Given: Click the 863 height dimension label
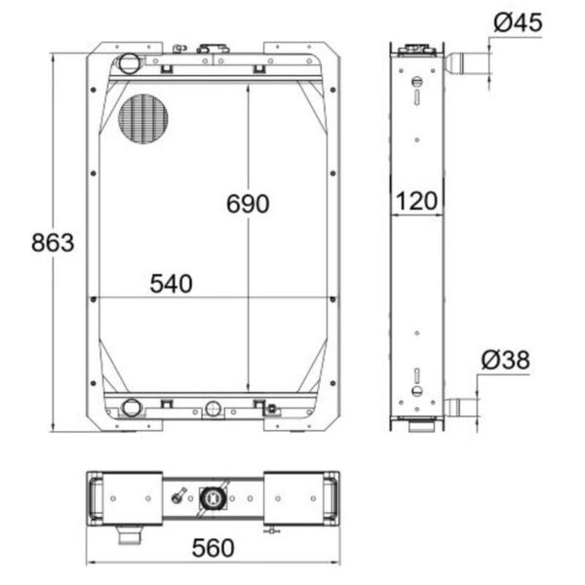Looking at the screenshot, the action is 53,243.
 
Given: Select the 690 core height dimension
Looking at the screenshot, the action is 248,204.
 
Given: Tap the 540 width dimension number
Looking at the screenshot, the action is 172,284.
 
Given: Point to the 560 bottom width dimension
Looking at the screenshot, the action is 213,548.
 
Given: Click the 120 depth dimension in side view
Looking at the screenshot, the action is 416,201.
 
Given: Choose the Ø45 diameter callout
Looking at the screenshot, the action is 518,22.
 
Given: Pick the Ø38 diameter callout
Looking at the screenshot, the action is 505,360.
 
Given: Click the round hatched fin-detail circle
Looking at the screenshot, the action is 143,118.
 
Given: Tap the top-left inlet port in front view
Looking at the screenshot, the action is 130,63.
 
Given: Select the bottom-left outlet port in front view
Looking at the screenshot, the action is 132,407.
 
